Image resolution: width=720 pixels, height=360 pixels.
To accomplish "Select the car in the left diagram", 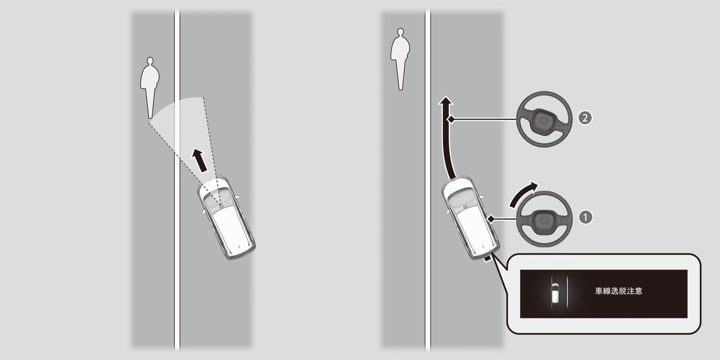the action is point(226,218).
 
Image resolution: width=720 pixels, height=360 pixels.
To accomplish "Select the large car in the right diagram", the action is point(471,218).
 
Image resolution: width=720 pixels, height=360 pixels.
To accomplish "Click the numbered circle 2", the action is point(585,118).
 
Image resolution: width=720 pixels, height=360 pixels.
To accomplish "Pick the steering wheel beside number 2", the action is point(544,119).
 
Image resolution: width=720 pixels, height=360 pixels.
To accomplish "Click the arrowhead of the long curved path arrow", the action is point(446,101).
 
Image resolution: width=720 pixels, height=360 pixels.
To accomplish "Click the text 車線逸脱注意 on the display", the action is point(618,291).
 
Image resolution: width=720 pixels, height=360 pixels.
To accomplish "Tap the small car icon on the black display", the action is point(555,293).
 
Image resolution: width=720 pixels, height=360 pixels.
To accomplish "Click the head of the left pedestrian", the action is point(150,61).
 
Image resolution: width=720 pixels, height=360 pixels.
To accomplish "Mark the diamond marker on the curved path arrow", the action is point(451,120).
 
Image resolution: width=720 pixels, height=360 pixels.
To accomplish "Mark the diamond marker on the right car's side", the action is point(491,219).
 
